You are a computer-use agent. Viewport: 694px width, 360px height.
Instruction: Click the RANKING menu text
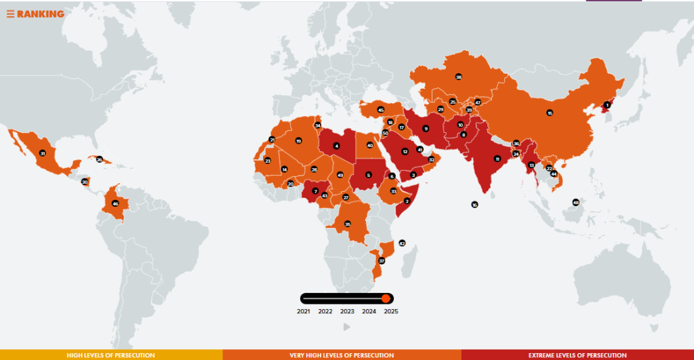click(x=40, y=14)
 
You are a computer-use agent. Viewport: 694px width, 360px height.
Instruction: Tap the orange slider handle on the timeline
click(x=386, y=298)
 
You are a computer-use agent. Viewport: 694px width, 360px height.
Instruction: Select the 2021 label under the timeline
click(x=304, y=312)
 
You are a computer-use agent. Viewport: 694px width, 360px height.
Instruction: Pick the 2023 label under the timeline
click(x=347, y=312)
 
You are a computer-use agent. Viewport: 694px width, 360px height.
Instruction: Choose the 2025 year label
click(x=390, y=312)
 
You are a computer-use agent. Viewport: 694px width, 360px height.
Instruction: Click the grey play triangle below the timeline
click(x=347, y=327)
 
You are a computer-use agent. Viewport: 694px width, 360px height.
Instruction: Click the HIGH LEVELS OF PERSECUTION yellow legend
click(x=110, y=355)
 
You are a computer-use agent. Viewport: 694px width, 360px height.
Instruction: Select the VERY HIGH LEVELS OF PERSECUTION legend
click(x=342, y=355)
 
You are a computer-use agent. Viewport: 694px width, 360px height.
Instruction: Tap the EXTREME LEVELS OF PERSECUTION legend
click(x=577, y=355)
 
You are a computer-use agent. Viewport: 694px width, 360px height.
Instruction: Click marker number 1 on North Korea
click(x=607, y=104)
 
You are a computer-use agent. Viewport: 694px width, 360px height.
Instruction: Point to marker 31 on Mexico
click(x=43, y=153)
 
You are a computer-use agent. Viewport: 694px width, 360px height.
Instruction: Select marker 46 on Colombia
click(x=115, y=203)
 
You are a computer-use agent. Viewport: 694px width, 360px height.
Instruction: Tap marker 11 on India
click(x=497, y=159)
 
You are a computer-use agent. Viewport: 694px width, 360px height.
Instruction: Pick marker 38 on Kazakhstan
click(x=459, y=77)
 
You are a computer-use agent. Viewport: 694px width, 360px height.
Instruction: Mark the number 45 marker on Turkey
click(x=381, y=110)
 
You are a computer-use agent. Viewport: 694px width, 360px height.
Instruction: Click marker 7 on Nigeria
click(x=315, y=191)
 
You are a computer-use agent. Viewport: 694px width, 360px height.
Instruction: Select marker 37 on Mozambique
click(x=382, y=260)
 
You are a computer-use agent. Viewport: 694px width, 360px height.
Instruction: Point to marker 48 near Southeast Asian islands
click(x=575, y=202)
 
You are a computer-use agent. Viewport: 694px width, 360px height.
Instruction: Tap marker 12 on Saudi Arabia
click(x=405, y=152)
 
